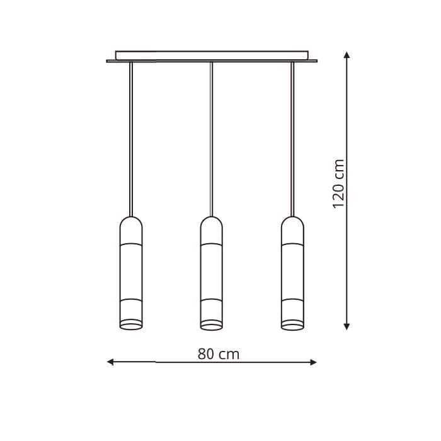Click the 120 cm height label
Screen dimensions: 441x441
pyautogui.click(x=339, y=183)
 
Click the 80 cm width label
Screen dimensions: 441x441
pyautogui.click(x=218, y=355)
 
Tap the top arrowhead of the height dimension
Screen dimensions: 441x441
pyautogui.click(x=346, y=55)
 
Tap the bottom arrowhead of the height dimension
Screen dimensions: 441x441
pyautogui.click(x=346, y=326)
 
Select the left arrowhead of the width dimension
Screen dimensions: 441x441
pyautogui.click(x=110, y=362)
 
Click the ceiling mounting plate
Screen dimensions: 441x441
pyautogui.click(x=212, y=55)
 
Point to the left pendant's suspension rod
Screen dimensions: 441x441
pyautogui.click(x=131, y=139)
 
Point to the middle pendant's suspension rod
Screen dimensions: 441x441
pyautogui.click(x=212, y=139)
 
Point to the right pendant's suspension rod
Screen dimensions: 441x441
pyautogui.click(x=292, y=139)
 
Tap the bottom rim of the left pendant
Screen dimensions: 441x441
pyautogui.click(x=131, y=326)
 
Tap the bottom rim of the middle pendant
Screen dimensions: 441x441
pyautogui.click(x=212, y=326)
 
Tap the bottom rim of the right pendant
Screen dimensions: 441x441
pyautogui.click(x=292, y=326)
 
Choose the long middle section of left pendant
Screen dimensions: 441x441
pyautogui.click(x=131, y=271)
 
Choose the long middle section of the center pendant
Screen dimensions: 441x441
pyautogui.click(x=212, y=271)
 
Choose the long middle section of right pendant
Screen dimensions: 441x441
pyautogui.click(x=292, y=271)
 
